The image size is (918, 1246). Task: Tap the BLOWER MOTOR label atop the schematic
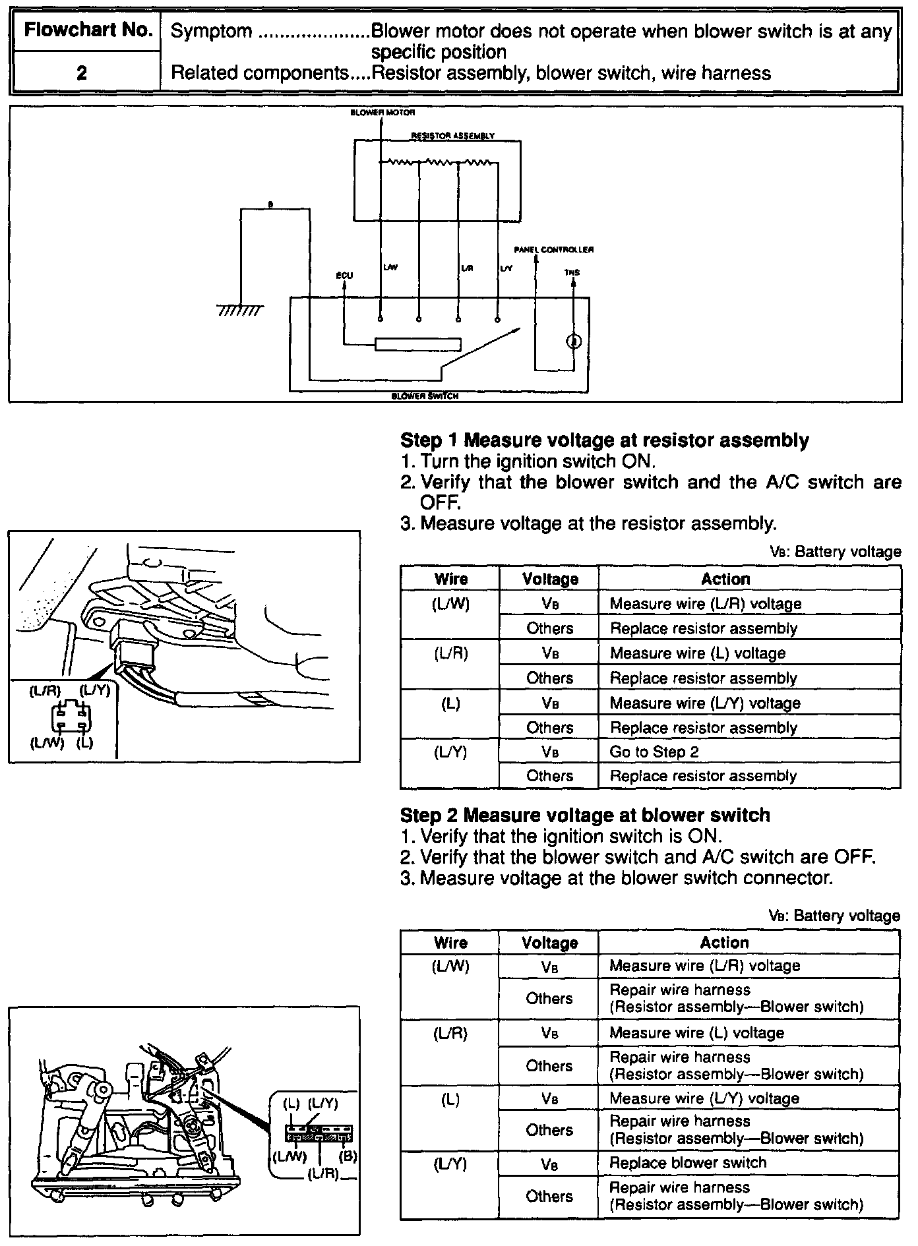(x=382, y=113)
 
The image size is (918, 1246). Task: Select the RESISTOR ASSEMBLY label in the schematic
(x=452, y=136)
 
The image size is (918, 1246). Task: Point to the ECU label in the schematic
(x=344, y=276)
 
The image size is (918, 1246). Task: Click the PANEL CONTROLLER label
(x=553, y=250)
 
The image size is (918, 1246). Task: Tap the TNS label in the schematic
(x=572, y=272)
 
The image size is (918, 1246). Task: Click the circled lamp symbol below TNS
(x=574, y=341)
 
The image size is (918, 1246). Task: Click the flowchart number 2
(x=82, y=73)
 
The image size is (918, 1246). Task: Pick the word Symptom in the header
(x=211, y=31)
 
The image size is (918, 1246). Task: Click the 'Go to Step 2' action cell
(x=654, y=752)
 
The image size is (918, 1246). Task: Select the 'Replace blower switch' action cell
(x=687, y=1162)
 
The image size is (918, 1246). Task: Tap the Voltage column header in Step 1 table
(x=550, y=579)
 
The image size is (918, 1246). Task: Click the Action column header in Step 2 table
(x=724, y=943)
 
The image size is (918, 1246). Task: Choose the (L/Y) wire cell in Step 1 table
(x=450, y=752)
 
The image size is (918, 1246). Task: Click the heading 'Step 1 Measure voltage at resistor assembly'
(x=604, y=440)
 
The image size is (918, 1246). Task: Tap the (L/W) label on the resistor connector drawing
(x=47, y=742)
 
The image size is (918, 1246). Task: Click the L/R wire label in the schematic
(x=466, y=268)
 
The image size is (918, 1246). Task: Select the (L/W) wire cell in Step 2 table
(x=450, y=966)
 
